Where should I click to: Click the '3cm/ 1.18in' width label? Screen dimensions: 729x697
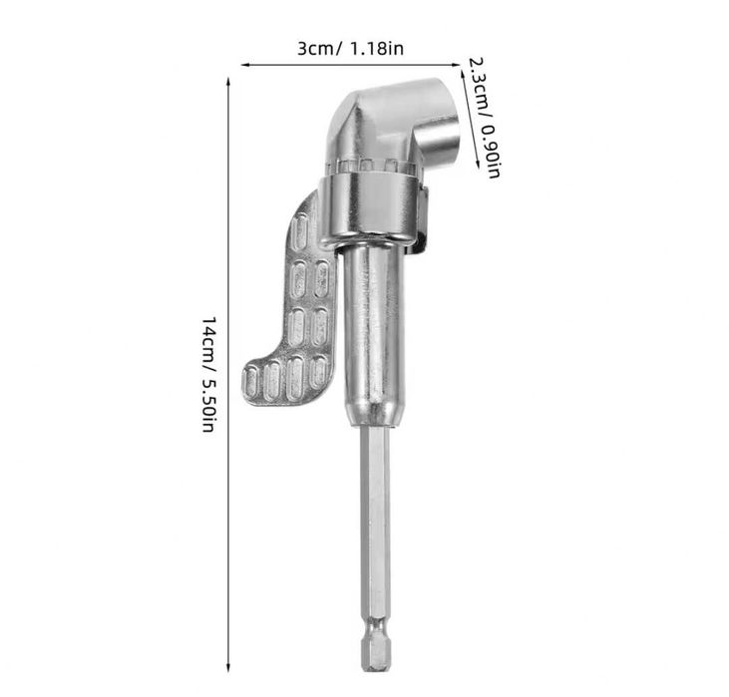(350, 48)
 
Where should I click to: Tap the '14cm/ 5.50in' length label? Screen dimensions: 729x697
(208, 374)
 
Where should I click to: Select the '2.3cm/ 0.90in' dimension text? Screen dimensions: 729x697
(484, 118)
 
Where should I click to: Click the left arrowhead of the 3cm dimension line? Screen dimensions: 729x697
(244, 65)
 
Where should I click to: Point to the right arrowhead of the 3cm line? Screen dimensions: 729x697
(456, 65)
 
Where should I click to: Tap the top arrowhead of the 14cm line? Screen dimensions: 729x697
(227, 81)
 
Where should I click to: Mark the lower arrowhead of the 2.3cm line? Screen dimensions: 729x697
(477, 165)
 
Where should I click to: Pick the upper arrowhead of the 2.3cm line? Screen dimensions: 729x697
(462, 74)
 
